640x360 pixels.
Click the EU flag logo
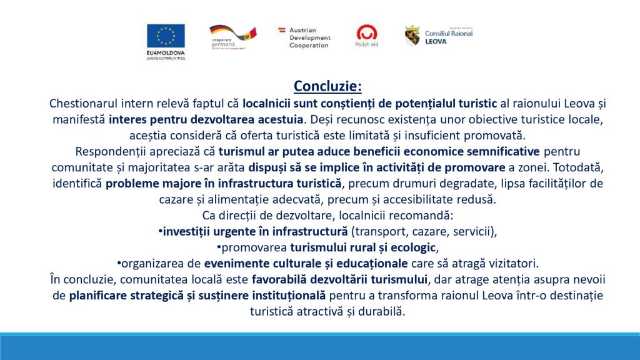(x=166, y=36)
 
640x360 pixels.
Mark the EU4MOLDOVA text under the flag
(x=166, y=53)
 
